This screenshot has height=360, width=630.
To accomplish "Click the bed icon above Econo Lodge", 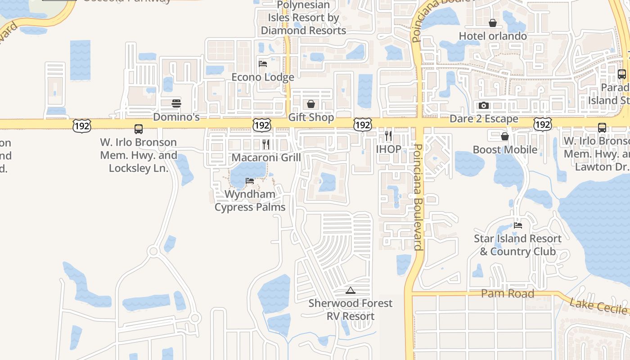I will [263, 63].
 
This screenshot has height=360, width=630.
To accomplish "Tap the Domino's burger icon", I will [176, 103].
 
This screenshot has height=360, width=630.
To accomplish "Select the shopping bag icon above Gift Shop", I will [311, 104].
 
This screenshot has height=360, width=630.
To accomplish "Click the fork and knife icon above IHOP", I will [388, 135].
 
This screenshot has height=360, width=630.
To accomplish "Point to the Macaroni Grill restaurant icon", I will [266, 144].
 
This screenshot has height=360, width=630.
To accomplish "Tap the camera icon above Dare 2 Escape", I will [484, 105].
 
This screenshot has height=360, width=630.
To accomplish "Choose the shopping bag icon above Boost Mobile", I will [505, 136].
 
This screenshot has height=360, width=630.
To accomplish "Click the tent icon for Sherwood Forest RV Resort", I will [351, 290].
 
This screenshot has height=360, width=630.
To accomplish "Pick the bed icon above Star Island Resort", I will [518, 225].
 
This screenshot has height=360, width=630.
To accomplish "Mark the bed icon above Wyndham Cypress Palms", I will [250, 181].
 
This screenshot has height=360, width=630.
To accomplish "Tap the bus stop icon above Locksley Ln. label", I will [139, 129].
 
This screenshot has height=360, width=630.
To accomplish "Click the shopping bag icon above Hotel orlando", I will [493, 22].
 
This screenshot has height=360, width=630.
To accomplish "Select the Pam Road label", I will [508, 293].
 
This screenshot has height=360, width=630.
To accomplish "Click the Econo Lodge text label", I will [263, 77].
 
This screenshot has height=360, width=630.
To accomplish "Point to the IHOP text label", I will [388, 149].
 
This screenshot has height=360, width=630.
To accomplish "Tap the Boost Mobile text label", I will [505, 149].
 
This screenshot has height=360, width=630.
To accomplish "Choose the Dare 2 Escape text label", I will [484, 119].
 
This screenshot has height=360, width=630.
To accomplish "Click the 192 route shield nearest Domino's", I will [82, 126].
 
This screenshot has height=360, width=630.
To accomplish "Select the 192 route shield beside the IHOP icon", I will [363, 125].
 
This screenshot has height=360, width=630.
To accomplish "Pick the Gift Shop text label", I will [311, 117].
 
